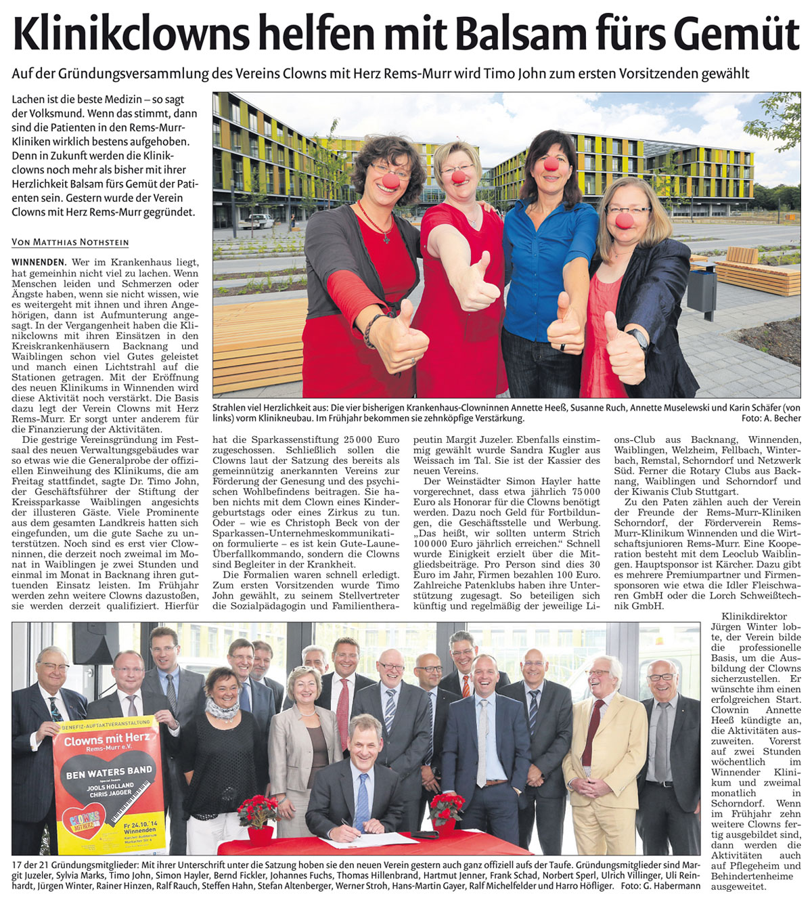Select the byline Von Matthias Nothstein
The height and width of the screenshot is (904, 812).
(70, 242)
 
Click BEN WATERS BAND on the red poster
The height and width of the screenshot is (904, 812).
(109, 771)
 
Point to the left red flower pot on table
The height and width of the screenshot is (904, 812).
(257, 816)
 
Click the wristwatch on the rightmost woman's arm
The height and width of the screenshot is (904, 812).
(638, 337)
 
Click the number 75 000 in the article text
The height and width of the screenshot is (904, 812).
(585, 492)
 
